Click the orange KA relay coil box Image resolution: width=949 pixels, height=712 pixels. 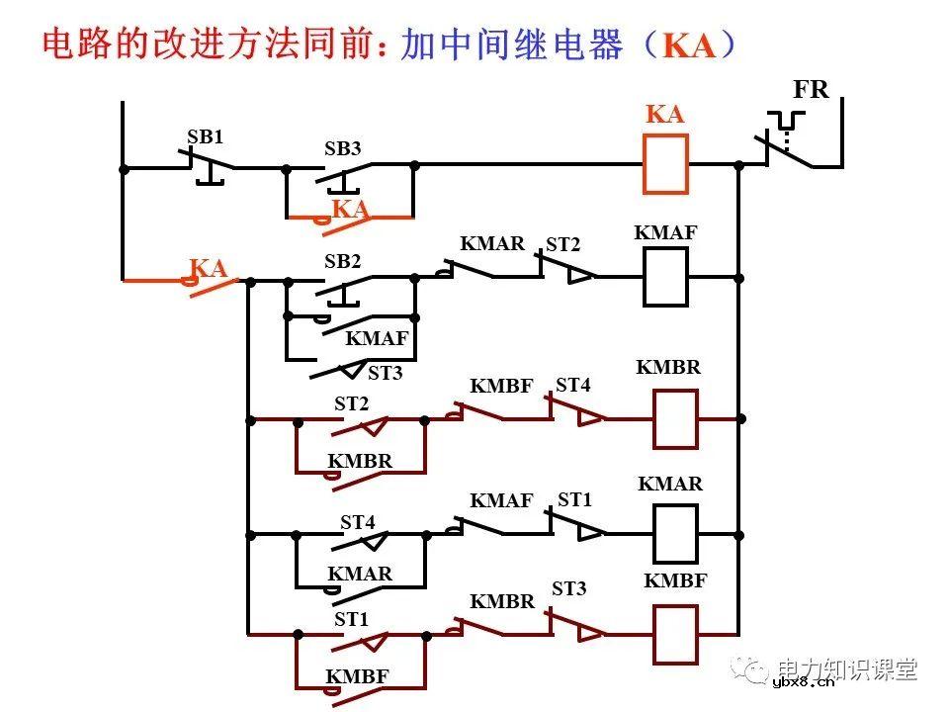(x=665, y=164)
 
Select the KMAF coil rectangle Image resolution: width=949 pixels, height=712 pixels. (x=665, y=277)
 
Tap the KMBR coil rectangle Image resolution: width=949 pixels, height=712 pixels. (x=675, y=419)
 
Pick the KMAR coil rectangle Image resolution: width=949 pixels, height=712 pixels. (x=675, y=534)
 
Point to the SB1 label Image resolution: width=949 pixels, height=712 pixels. (x=206, y=138)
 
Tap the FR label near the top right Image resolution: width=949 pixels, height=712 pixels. (x=811, y=90)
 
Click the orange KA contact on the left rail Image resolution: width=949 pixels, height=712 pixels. (x=210, y=281)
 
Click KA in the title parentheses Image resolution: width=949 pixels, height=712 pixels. (x=688, y=46)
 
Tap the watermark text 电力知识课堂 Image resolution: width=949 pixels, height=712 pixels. (x=847, y=667)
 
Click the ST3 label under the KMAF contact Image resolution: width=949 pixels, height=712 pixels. (x=385, y=374)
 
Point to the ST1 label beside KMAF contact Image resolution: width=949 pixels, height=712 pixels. (x=574, y=500)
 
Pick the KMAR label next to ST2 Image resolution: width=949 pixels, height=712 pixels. (x=492, y=243)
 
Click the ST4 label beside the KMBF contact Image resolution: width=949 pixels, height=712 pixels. (x=572, y=385)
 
